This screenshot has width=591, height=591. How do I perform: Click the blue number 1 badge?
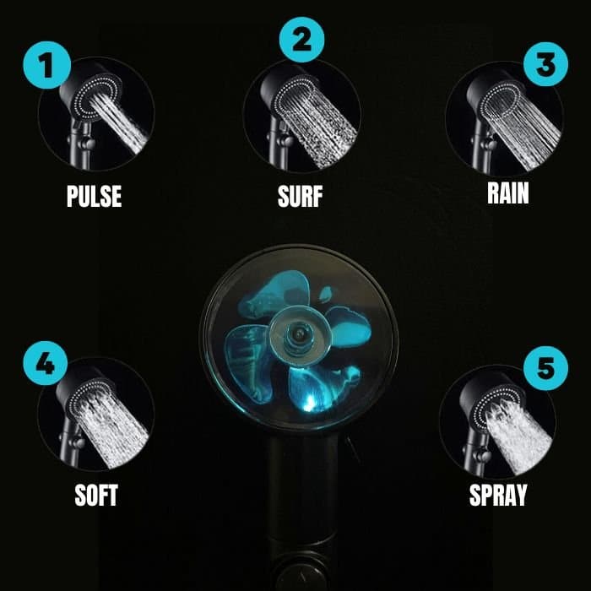coord(46,65)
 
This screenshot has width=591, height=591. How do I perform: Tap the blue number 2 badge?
coord(301,40)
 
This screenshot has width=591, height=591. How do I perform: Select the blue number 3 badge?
coord(545,64)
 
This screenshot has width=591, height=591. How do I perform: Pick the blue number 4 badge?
coord(46,363)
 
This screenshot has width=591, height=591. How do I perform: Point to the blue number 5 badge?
coord(545,368)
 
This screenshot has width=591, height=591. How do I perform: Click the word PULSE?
coord(95,196)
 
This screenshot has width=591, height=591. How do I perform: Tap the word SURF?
coord(300,197)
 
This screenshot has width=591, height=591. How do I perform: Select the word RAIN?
coord(508,193)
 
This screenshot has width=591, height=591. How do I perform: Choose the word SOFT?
coord(96,495)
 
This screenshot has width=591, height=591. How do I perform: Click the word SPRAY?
coord(498,495)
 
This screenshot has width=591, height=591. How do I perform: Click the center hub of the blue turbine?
coord(298,333)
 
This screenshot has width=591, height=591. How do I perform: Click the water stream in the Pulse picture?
coord(119,122)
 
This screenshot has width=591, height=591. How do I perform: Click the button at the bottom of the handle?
coord(301,577)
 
